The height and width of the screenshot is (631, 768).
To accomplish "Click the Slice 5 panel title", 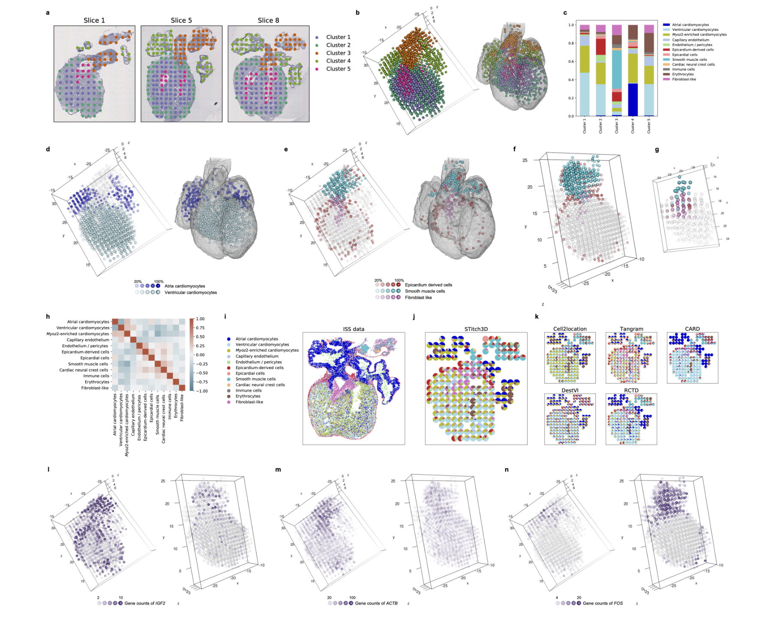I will pyautogui.click(x=181, y=21).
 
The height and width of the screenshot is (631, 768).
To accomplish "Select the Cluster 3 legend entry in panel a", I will pyautogui.click(x=338, y=53).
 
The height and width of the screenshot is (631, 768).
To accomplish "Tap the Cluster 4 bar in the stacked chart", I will pyautogui.click(x=633, y=71).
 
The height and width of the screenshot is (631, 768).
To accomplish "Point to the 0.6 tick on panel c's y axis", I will pyautogui.click(x=571, y=62).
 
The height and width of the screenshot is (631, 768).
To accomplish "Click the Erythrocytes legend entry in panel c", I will pyautogui.click(x=683, y=74).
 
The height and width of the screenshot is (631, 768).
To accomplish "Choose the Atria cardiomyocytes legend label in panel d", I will pyautogui.click(x=185, y=286).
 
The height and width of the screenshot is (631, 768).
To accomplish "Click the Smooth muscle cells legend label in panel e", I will pyautogui.click(x=425, y=291).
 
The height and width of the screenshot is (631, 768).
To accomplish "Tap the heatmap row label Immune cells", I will pyautogui.click(x=96, y=376).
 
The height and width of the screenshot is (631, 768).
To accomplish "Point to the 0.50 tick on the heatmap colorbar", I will pyautogui.click(x=200, y=337).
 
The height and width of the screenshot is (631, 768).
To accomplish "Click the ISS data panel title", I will pyautogui.click(x=354, y=329).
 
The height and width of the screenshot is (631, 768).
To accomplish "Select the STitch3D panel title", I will pyautogui.click(x=476, y=329).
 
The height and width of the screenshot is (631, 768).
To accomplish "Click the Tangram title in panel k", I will pyautogui.click(x=631, y=329).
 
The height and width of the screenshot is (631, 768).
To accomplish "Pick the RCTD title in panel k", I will pyautogui.click(x=631, y=390).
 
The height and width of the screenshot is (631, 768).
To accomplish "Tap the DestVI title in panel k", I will pyautogui.click(x=570, y=390).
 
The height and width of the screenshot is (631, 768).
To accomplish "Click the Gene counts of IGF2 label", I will pyautogui.click(x=145, y=603).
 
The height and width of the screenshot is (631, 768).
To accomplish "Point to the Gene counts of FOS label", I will pyautogui.click(x=603, y=603).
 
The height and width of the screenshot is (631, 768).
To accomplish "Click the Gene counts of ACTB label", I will pyautogui.click(x=376, y=603).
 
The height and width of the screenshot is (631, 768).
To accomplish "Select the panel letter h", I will pyautogui.click(x=48, y=317).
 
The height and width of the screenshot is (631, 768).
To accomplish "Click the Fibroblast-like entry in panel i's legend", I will pyautogui.click(x=249, y=402).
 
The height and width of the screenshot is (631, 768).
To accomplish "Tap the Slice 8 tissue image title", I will pyautogui.click(x=268, y=21).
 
